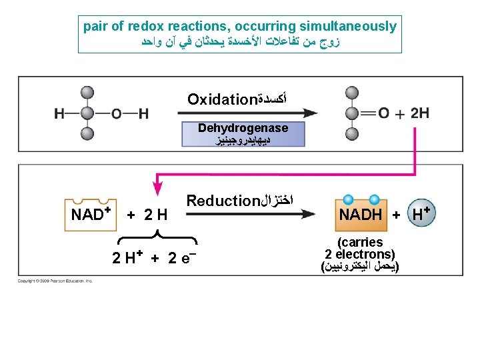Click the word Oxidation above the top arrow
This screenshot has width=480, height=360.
222,100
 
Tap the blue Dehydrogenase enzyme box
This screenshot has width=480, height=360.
243,133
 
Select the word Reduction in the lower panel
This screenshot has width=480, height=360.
222,201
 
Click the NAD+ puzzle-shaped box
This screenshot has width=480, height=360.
90,214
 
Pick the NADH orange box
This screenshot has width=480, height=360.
361,214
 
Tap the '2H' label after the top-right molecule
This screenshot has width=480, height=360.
419,113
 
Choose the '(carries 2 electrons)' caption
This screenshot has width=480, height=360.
360,248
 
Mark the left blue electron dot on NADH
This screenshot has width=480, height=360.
347,199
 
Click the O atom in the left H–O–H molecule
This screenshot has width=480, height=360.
117,114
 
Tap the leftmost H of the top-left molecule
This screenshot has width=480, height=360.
59,114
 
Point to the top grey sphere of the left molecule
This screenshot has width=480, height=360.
87,93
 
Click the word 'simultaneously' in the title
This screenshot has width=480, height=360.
347,27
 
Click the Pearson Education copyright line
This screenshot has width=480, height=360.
55,281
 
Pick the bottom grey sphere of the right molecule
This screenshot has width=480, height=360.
353,133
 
